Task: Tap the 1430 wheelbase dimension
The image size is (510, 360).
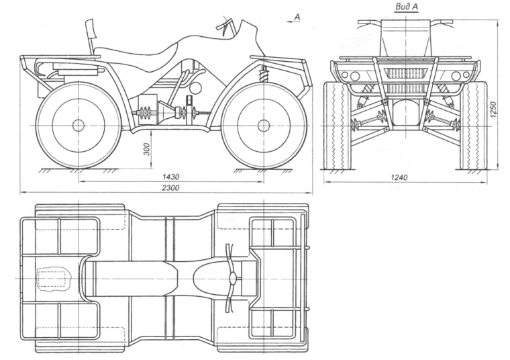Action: pos(170,176)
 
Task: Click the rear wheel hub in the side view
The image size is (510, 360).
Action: pos(78,125)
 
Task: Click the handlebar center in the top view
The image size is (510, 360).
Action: pos(232,278)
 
